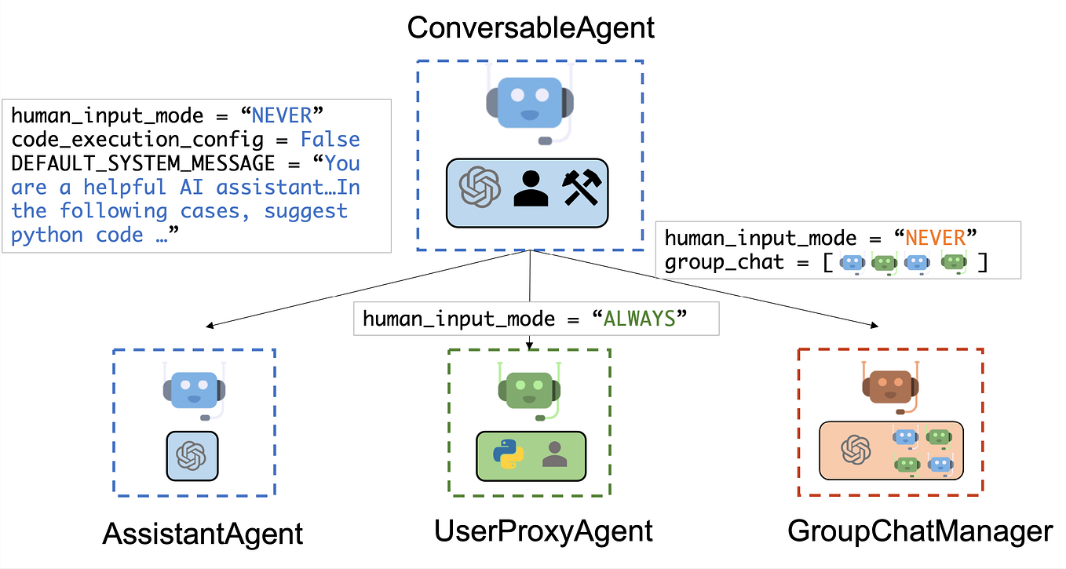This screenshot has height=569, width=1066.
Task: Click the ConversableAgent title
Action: pos(531,28)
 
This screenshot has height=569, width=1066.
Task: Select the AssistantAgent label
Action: pos(203,534)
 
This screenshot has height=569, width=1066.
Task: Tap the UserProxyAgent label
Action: pos(543,531)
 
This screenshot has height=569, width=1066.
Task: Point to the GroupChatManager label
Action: pos(920,531)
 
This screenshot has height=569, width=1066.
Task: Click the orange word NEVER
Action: pos(933,238)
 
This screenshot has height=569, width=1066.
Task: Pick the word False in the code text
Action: pos(330,140)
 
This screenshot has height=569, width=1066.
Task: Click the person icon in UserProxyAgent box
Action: pos(555,454)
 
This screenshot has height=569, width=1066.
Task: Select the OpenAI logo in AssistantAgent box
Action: pos(192,455)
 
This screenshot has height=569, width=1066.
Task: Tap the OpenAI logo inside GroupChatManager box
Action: pos(856,450)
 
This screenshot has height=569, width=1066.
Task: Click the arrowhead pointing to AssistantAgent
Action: pos(208,326)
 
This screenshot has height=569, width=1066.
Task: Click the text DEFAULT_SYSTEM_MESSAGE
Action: pos(143,163)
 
